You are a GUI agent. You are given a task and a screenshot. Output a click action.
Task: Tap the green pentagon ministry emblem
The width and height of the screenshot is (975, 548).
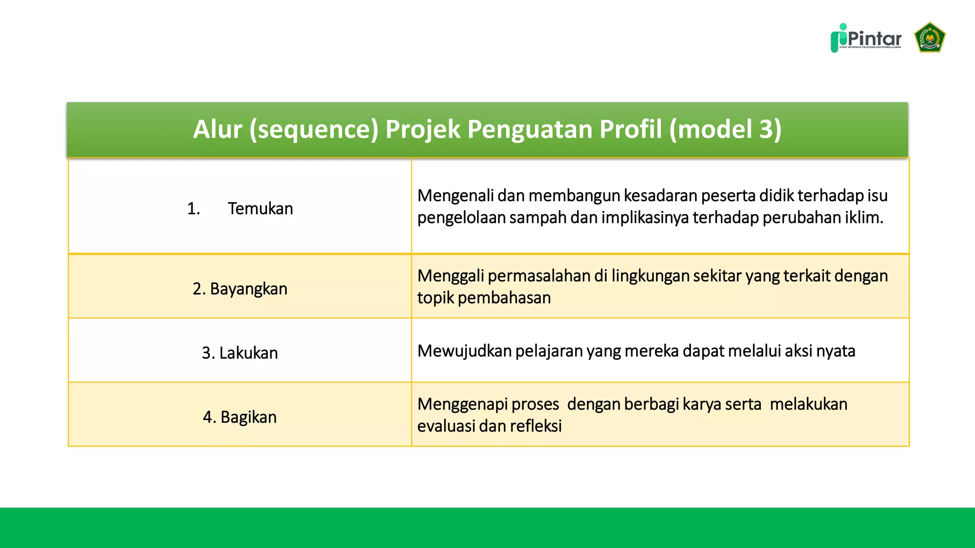coord(929,37)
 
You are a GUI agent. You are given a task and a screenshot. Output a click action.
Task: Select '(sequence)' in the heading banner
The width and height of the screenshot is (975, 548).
coord(314,129)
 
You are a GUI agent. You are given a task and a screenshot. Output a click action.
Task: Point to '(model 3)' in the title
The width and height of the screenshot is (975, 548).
coord(725,129)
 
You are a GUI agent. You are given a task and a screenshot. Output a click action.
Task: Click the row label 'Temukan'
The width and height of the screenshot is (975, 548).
coord(260,209)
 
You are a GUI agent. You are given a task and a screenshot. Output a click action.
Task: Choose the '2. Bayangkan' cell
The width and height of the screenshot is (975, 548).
coord(240,289)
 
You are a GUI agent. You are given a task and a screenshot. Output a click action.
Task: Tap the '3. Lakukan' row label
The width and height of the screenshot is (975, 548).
coord(240,353)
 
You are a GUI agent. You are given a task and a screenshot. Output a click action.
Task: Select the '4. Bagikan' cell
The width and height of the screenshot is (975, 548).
coord(240,417)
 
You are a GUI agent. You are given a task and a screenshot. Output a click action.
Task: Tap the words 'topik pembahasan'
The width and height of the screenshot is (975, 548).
coord(484,298)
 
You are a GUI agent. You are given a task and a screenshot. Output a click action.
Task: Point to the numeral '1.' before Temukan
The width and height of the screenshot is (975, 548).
coord(193,209)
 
